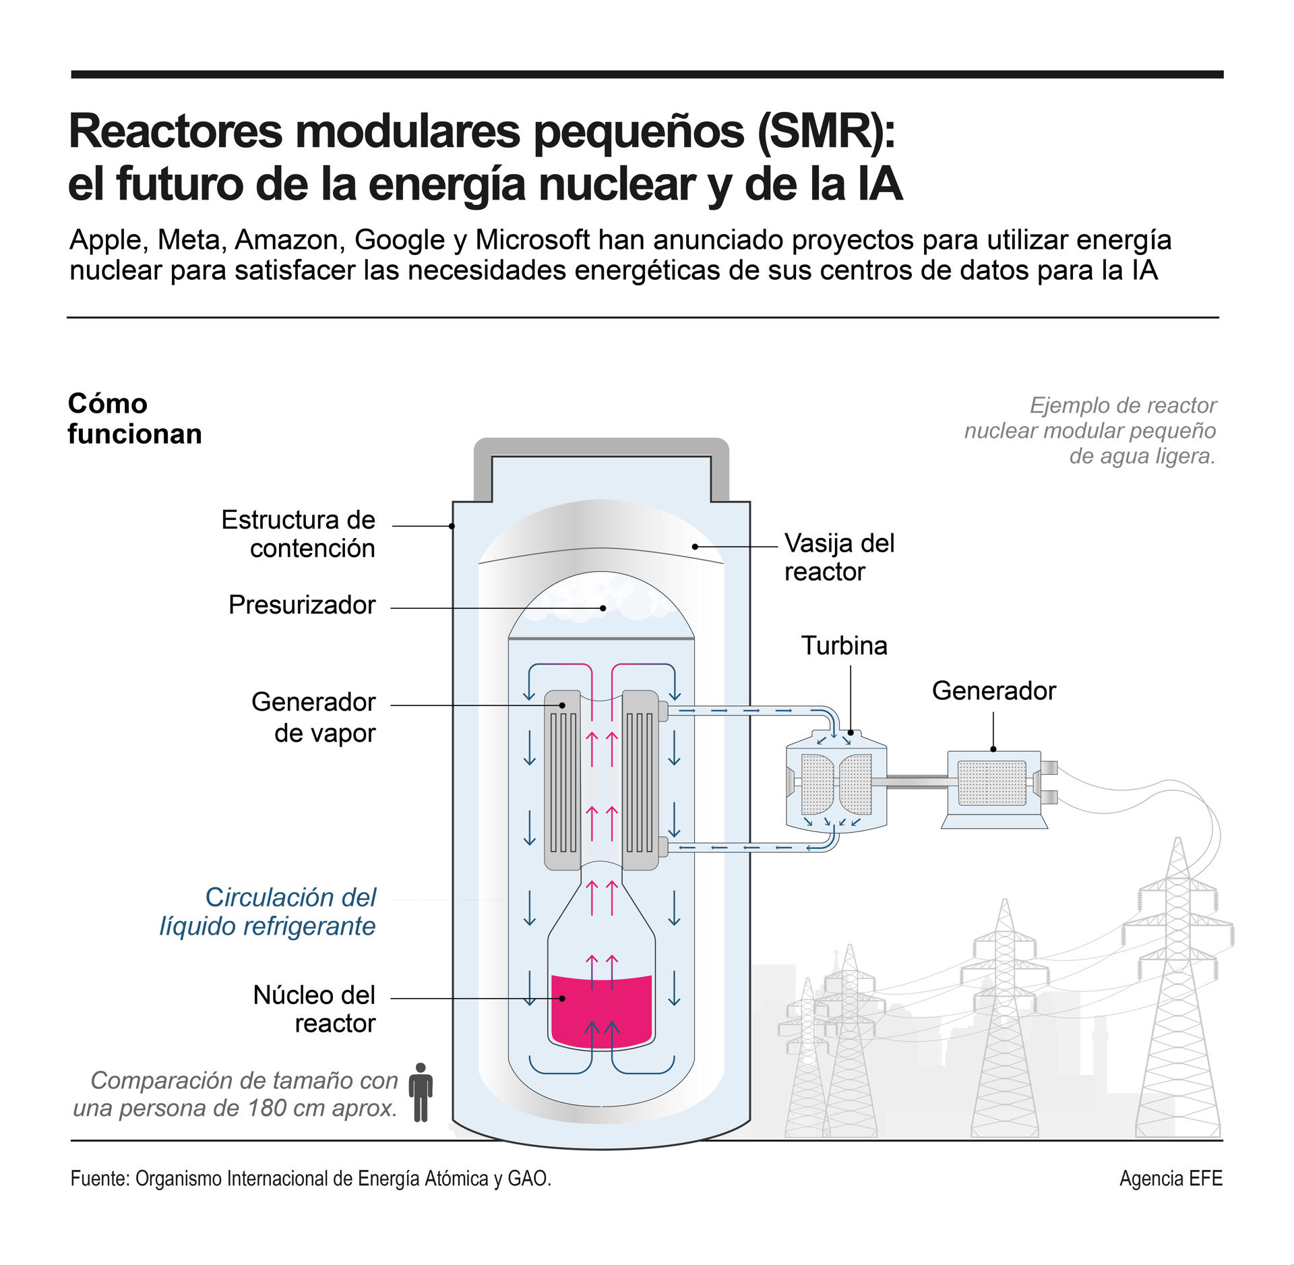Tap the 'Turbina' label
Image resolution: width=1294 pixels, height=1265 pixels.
pyautogui.click(x=844, y=646)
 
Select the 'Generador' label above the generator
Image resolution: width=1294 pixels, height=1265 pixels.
pyautogui.click(x=993, y=691)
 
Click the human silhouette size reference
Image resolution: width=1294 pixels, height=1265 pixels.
pyautogui.click(x=421, y=1093)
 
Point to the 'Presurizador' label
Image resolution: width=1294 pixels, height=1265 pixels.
pyautogui.click(x=302, y=605)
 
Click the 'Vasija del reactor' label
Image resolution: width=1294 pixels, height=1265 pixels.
pyautogui.click(x=839, y=558)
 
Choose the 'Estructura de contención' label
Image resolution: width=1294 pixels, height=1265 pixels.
pyautogui.click(x=299, y=534)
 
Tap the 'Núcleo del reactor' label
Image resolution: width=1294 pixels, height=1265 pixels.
pyautogui.click(x=314, y=1009)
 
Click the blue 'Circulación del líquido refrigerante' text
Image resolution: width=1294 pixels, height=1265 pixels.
pyautogui.click(x=268, y=912)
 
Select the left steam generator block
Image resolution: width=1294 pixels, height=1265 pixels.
pyautogui.click(x=562, y=780)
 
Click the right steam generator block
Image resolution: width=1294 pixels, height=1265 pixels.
pyautogui.click(x=640, y=780)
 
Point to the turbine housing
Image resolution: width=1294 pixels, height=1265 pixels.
pyautogui.click(x=836, y=782)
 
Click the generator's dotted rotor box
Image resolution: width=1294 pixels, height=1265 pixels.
pyautogui.click(x=991, y=784)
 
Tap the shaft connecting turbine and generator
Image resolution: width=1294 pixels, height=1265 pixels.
pyautogui.click(x=917, y=782)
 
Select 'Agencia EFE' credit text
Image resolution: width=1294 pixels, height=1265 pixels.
pyautogui.click(x=1171, y=1178)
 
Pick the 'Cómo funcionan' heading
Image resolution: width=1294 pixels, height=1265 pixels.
pyautogui.click(x=135, y=419)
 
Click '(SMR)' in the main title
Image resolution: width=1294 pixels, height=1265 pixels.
pyautogui.click(x=826, y=131)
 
